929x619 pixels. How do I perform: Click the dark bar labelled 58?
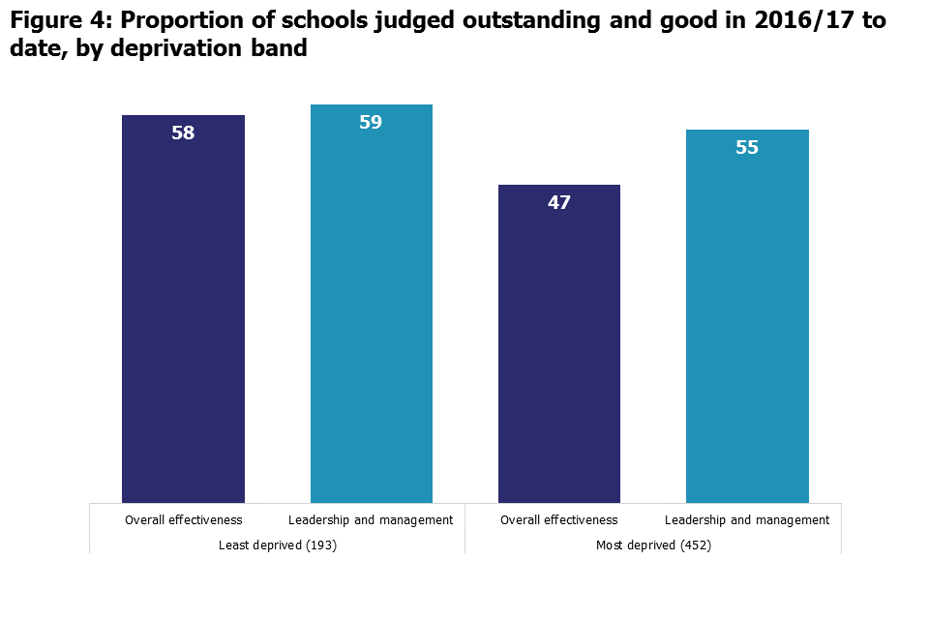coord(183,319)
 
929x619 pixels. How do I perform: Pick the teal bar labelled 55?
coord(747,329)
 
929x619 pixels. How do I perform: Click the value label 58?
coord(183,133)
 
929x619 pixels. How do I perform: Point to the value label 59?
coord(372,123)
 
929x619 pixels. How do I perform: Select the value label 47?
coord(559,203)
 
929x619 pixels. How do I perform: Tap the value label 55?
coord(747,148)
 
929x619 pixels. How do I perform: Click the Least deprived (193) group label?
coord(278,545)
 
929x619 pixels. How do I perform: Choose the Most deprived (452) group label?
coord(653,545)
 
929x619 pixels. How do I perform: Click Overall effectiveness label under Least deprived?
coord(183,520)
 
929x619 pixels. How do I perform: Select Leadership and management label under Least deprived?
coord(372,520)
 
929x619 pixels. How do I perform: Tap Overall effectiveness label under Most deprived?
coord(559,520)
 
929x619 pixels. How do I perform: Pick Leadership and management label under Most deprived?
coord(747,520)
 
